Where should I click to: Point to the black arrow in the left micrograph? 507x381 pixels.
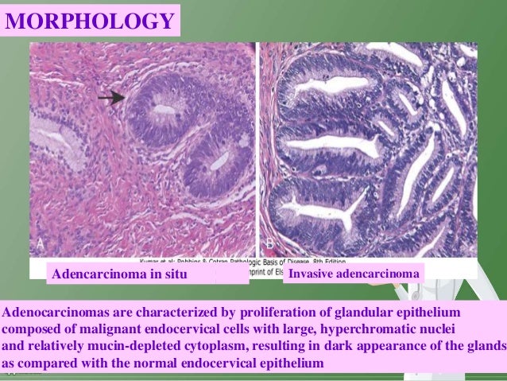pyautogui.click(x=111, y=97)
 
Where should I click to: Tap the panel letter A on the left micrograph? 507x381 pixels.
pyautogui.click(x=40, y=242)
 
